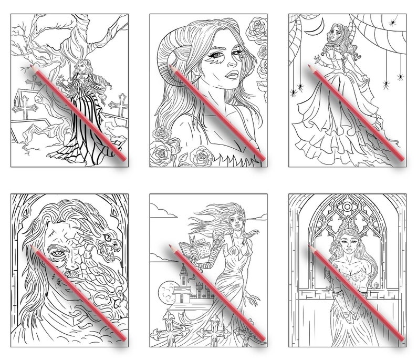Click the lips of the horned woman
(232, 75)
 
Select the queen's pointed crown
(348, 230)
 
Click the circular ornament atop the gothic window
(349, 206)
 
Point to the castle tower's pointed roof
(182, 269)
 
